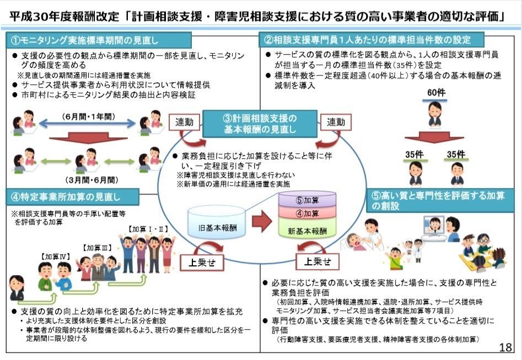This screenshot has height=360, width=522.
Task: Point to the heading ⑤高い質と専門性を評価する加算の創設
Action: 441,200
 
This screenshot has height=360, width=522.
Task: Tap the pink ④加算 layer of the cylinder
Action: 307,213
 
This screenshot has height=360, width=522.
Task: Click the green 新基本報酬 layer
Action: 307,230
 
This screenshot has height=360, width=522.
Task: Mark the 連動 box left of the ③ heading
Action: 186,122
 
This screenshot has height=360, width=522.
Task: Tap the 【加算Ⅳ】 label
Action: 55,257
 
